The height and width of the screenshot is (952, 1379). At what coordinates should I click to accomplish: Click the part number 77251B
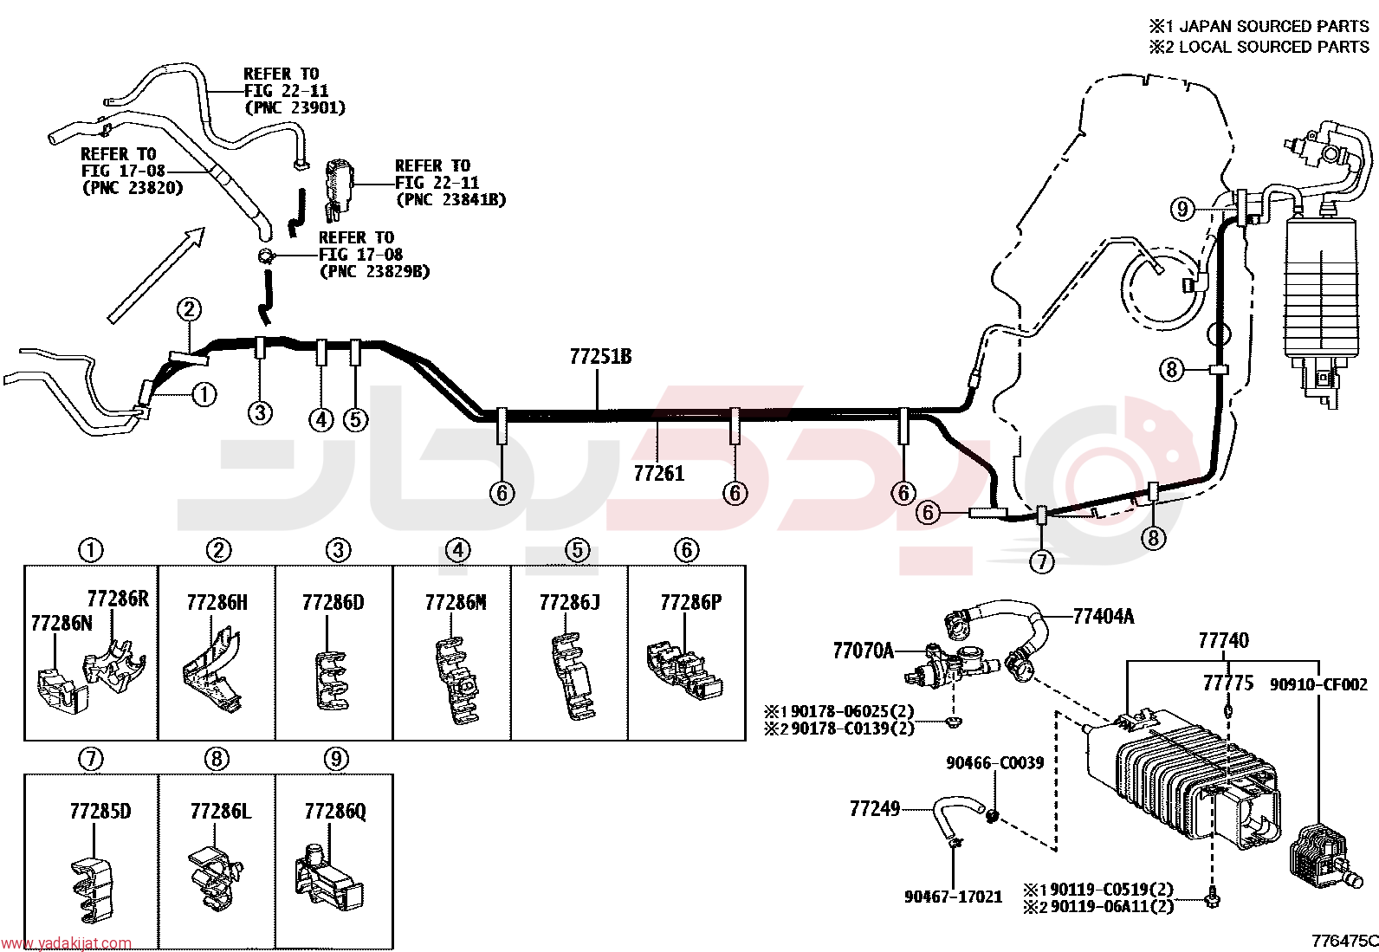click(600, 357)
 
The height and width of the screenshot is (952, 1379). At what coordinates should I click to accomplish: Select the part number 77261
click(658, 474)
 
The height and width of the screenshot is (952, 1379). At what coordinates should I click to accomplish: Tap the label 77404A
click(1104, 617)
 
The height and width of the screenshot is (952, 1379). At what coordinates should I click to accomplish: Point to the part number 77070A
click(863, 651)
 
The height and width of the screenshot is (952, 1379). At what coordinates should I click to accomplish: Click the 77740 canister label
click(1223, 641)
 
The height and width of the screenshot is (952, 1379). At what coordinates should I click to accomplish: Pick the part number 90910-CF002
click(1318, 684)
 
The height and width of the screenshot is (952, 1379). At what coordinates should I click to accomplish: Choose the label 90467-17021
click(953, 897)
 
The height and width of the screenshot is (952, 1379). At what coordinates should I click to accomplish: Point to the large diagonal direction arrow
click(157, 275)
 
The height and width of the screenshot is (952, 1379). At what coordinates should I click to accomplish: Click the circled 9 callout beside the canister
click(1182, 210)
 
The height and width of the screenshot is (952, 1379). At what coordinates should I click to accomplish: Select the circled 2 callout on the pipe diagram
click(189, 309)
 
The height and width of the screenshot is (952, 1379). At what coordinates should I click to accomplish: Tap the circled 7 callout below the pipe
click(1042, 561)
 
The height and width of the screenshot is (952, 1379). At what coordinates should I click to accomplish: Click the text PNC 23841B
click(450, 199)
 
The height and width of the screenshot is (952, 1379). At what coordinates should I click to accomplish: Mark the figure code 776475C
click(1343, 941)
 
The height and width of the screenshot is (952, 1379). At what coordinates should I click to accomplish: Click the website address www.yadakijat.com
click(66, 943)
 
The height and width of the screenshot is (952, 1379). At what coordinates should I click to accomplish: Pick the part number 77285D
click(100, 812)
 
